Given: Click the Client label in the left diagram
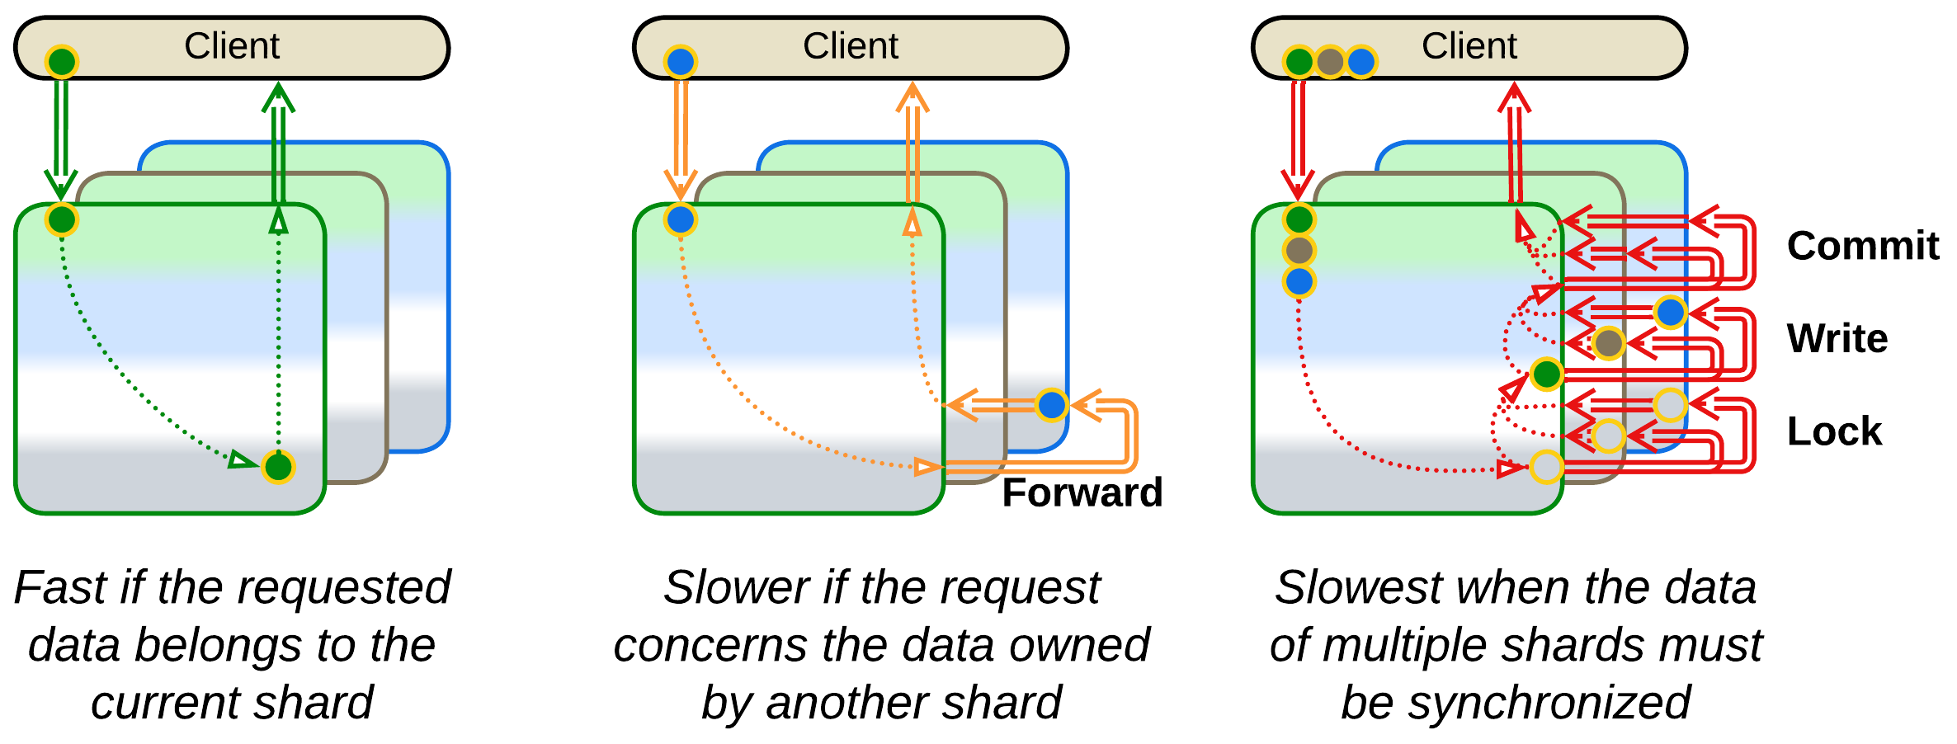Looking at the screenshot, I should coord(232,46).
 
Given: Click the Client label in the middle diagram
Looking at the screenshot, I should coord(851,46).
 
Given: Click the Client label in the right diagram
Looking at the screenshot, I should coord(1469,46).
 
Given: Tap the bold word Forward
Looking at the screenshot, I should coord(1082,492).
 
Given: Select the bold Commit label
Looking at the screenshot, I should coord(1863,246).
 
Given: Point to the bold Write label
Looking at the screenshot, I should coord(1837,338).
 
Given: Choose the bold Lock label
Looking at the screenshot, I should coord(1834,431).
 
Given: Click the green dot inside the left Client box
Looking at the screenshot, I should coord(62,62).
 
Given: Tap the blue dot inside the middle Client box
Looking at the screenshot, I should coord(681,62).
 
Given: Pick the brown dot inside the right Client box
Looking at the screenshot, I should coord(1330,62).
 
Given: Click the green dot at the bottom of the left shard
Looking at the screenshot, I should coord(278,468).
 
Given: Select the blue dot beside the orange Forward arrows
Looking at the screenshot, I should coord(1052,405).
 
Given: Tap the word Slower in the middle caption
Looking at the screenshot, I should coord(736,587).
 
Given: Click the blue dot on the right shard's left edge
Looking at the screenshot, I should coord(1299,281).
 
